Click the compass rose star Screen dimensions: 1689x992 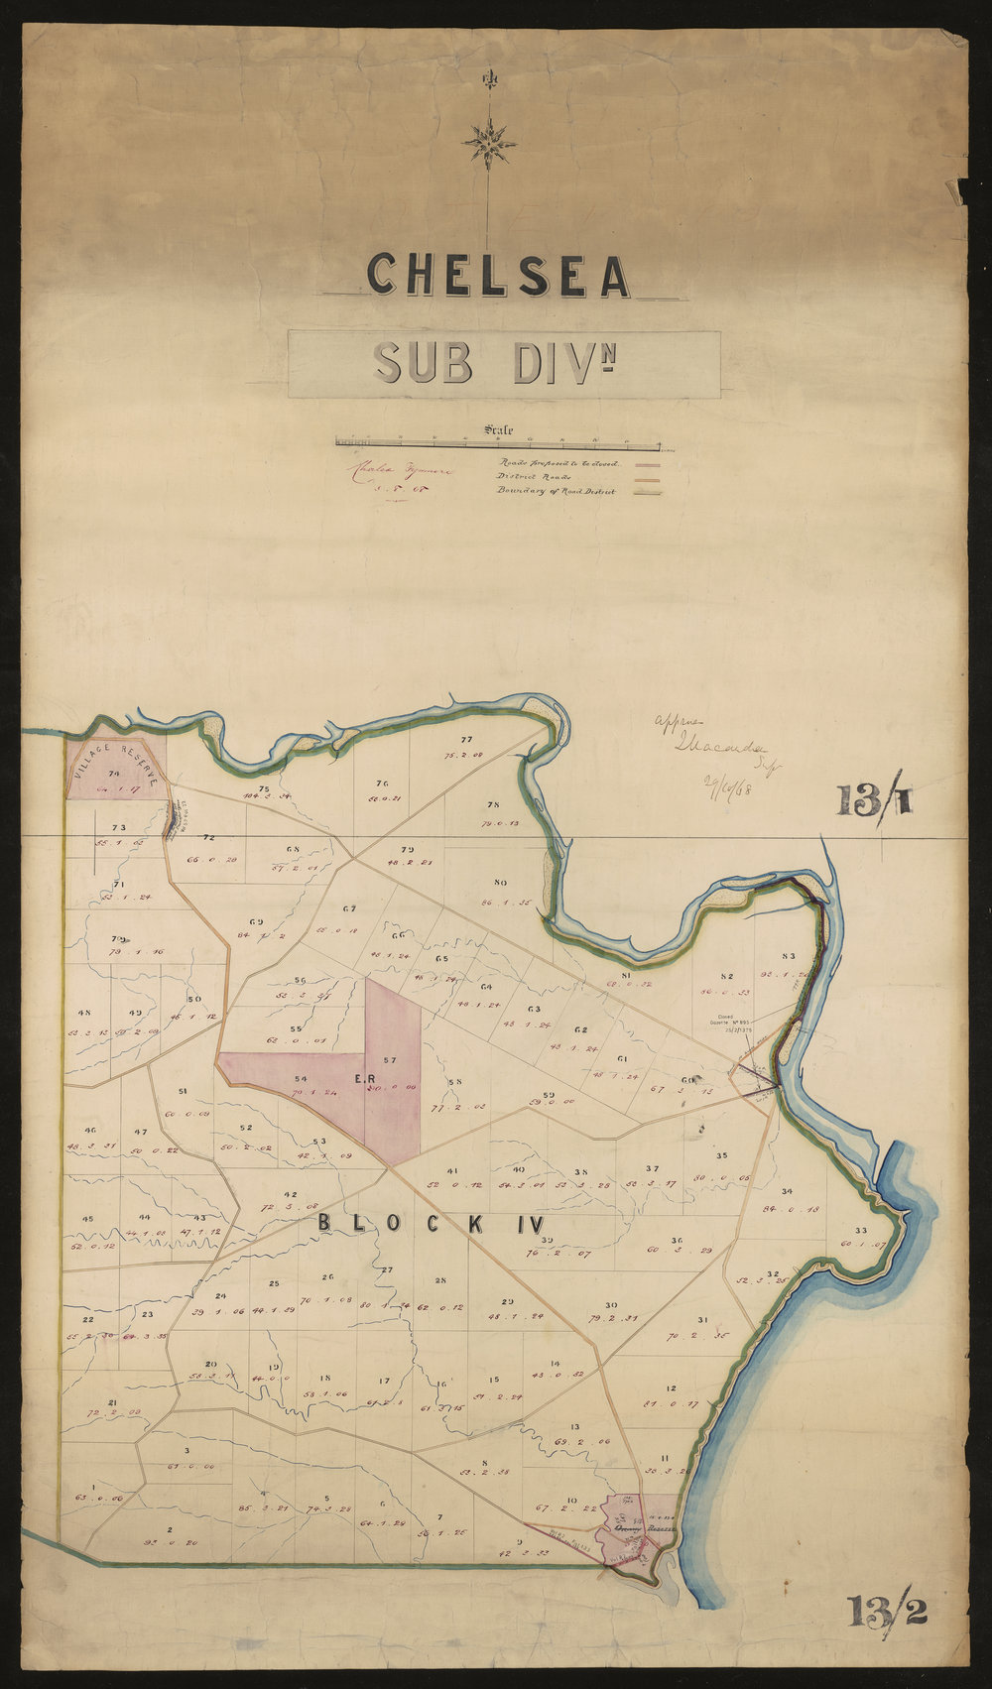(488, 142)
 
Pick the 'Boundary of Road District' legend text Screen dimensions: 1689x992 (556, 491)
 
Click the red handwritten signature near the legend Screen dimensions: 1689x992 (395, 472)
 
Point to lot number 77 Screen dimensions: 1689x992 (466, 740)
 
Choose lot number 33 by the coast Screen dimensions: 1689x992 (861, 1231)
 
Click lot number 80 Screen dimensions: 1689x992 (500, 883)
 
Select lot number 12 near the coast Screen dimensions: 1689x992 (672, 1387)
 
